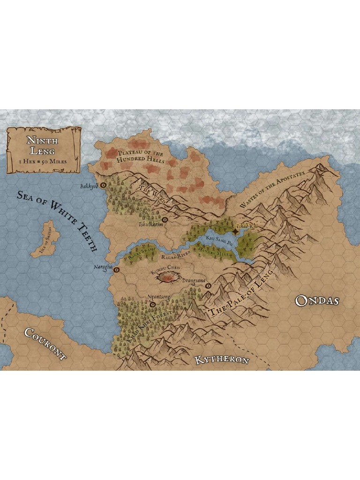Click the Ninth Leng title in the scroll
tap(42, 145)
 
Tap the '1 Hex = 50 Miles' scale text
tap(42, 161)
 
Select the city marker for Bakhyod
tap(103, 185)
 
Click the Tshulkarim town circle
tap(165, 219)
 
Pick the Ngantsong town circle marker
tap(153, 304)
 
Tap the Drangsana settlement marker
tap(208, 285)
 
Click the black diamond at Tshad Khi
tap(235, 232)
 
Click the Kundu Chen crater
tap(166, 278)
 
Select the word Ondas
tap(317, 300)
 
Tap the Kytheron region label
tap(221, 360)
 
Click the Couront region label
tap(45, 344)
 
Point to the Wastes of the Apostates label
tap(272, 190)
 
